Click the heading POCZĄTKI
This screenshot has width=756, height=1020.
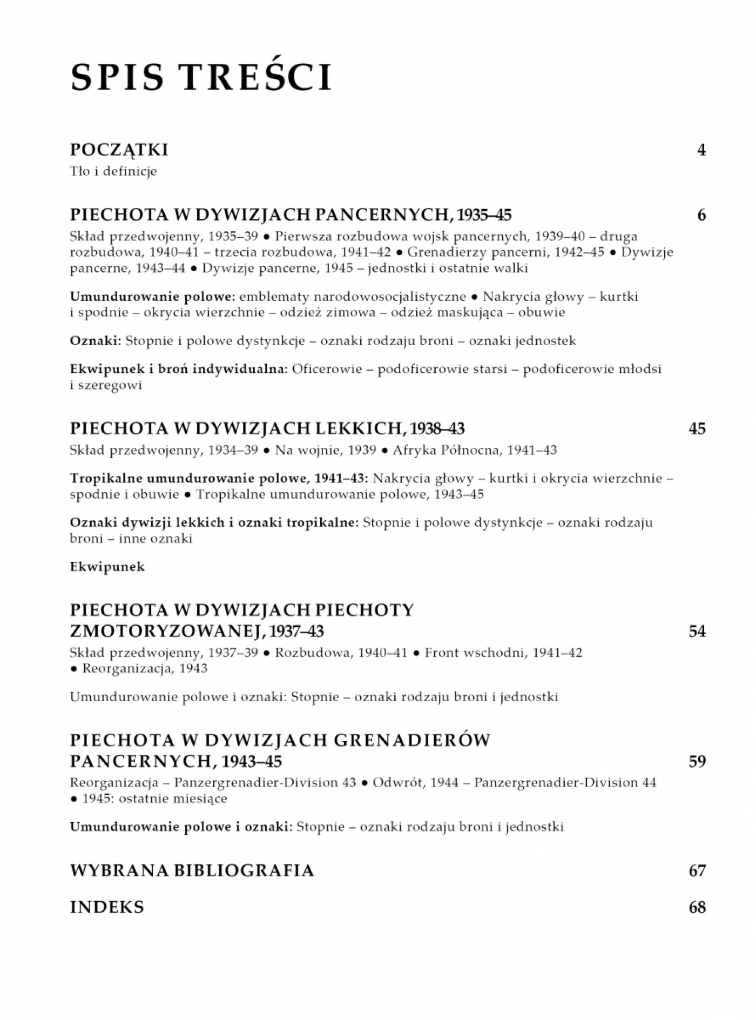click(x=119, y=150)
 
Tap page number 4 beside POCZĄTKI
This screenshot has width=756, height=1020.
click(x=701, y=150)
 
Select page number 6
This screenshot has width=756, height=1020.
click(x=701, y=215)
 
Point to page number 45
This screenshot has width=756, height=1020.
click(x=697, y=428)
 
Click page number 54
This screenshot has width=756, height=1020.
click(x=697, y=631)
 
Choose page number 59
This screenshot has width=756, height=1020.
click(x=697, y=761)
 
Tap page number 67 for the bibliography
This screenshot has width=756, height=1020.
click(x=697, y=870)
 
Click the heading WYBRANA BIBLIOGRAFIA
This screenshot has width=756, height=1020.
click(x=192, y=870)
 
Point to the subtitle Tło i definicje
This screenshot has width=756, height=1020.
click(x=113, y=172)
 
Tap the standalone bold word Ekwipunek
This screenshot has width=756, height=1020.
click(x=107, y=567)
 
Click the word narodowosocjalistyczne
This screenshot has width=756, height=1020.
click(x=352, y=297)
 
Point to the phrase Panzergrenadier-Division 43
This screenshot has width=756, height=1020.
click(x=265, y=782)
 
